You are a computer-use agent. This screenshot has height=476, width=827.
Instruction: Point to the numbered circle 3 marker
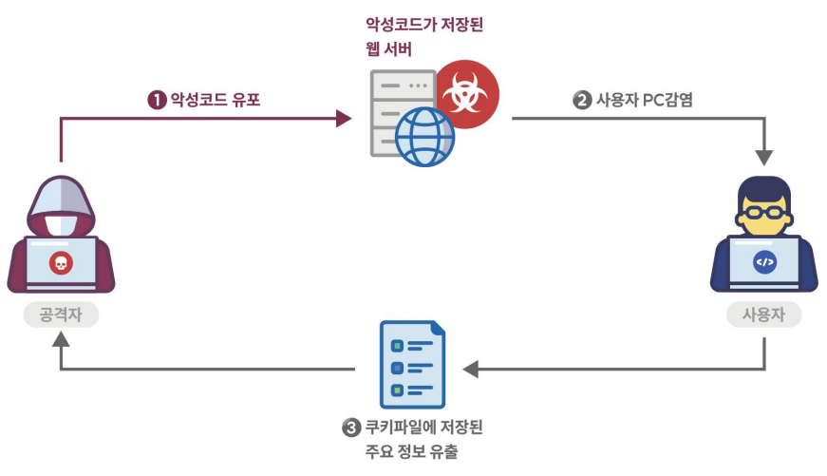[351, 428]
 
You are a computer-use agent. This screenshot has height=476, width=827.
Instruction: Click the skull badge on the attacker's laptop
[61, 261]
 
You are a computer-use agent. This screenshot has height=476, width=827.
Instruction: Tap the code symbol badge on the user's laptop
[764, 261]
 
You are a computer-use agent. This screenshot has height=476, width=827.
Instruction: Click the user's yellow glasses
[764, 212]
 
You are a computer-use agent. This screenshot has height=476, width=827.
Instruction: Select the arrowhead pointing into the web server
[344, 119]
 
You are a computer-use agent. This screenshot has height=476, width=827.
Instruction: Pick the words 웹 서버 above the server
[388, 48]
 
